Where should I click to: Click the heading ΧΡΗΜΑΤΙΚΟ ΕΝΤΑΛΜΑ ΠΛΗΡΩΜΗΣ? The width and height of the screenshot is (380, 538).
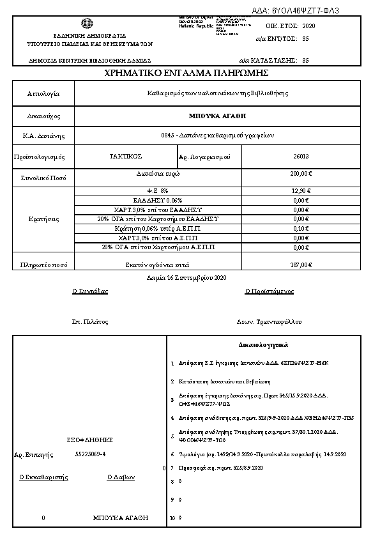click(190, 74)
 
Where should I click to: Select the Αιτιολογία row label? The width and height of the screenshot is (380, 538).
click(43, 93)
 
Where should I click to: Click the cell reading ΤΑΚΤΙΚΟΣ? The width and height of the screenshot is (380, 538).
click(126, 156)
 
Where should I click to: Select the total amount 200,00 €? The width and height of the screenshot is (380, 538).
click(301, 174)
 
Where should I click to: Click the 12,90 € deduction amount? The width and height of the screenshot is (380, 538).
click(301, 190)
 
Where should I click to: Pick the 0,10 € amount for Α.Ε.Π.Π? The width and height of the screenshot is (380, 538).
click(301, 228)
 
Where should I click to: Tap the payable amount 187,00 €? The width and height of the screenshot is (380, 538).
click(301, 264)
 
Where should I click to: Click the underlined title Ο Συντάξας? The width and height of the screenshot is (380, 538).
click(90, 291)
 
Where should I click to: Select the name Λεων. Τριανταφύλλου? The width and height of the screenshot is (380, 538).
click(269, 321)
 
